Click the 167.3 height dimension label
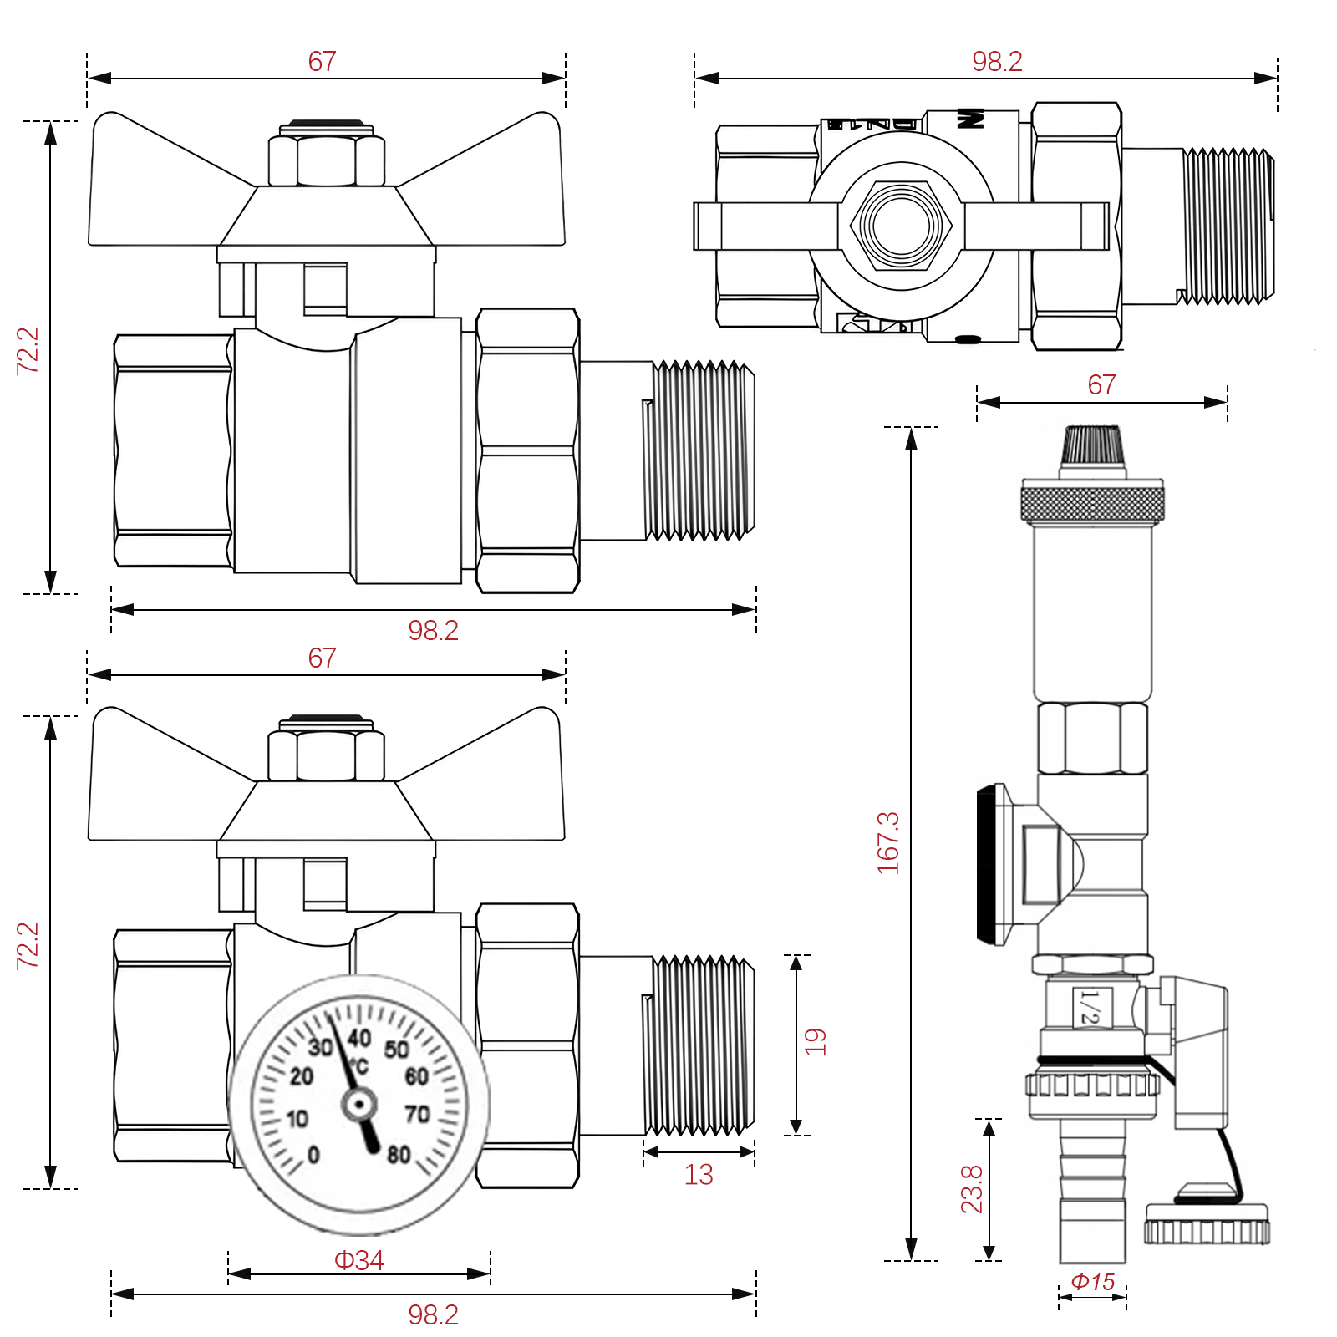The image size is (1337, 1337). pos(888,842)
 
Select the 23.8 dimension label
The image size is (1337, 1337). pos(972,1188)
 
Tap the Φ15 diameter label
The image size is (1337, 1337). pos(1092,1281)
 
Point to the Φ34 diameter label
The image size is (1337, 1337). pos(359,1259)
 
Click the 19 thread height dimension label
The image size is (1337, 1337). pos(815,1041)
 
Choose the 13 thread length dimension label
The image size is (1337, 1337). pos(699,1175)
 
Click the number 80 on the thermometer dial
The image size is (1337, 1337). pos(399,1154)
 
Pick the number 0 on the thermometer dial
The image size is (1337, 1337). pos(313,1154)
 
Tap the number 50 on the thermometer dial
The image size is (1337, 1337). pos(396,1050)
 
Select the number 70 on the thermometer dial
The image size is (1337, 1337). pos(417,1114)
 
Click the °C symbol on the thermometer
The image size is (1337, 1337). pos(359,1067)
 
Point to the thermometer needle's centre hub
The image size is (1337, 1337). pos(359,1105)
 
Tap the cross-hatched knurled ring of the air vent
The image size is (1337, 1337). pos(1092,503)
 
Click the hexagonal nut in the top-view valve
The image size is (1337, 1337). pos(902,226)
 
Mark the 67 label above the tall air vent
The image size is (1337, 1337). pos(1101,384)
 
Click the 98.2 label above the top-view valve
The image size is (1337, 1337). pos(997,61)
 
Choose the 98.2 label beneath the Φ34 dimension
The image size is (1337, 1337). pos(433,1314)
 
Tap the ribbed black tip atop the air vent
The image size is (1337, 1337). pos(1093,446)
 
